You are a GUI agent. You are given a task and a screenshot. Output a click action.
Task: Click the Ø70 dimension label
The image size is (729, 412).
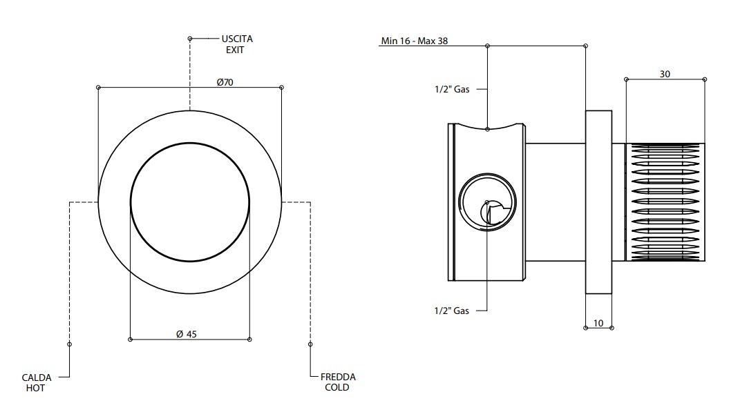point(225,81)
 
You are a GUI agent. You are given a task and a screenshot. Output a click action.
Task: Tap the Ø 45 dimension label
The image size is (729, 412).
point(187,333)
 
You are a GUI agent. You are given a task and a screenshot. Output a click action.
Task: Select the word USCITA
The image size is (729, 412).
point(237,39)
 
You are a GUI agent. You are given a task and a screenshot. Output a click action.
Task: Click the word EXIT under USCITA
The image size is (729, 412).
point(234,50)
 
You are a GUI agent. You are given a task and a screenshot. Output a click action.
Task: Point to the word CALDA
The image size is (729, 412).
point(36,377)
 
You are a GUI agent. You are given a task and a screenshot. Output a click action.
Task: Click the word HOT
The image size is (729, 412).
point(36,388)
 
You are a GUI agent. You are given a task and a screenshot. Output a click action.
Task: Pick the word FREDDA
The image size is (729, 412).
point(338,377)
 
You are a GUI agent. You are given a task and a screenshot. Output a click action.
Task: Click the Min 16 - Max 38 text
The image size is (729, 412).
point(415,41)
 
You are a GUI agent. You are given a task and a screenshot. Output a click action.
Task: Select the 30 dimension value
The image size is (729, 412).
point(665,74)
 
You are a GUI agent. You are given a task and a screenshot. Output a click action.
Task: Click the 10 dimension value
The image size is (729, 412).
point(598,322)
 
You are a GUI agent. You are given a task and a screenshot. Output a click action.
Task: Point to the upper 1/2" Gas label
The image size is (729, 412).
point(452,89)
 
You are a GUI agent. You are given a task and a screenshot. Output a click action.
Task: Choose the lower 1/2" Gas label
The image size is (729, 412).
point(452,311)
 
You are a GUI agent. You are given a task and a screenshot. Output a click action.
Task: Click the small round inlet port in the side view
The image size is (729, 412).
point(487,202)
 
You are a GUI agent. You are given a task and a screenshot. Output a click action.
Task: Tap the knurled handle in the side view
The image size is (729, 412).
point(665,202)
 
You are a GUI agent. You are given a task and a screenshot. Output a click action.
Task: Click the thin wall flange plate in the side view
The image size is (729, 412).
point(598,202)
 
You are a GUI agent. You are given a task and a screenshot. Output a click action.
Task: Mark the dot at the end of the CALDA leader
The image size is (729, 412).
point(70,343)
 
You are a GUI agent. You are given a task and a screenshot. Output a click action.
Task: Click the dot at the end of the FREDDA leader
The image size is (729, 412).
point(310,343)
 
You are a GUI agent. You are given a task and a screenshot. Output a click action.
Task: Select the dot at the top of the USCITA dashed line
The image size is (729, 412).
point(190,39)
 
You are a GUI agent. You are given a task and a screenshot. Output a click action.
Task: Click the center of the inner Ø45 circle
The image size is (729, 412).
point(190,202)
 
